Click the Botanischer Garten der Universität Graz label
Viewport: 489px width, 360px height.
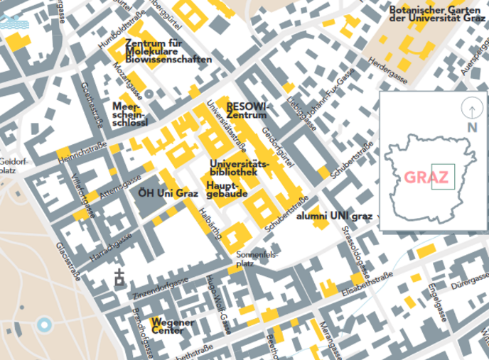436,15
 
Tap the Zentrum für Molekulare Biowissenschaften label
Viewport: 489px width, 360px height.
168,51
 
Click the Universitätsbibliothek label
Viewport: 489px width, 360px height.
240,168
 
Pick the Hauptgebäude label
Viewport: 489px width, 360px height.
227,189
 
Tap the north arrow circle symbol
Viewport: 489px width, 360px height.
471,110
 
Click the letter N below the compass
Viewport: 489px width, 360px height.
471,128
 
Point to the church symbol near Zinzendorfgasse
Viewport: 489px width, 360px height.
118,278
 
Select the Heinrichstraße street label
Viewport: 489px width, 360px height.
82,151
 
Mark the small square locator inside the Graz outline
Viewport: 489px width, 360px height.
441,175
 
